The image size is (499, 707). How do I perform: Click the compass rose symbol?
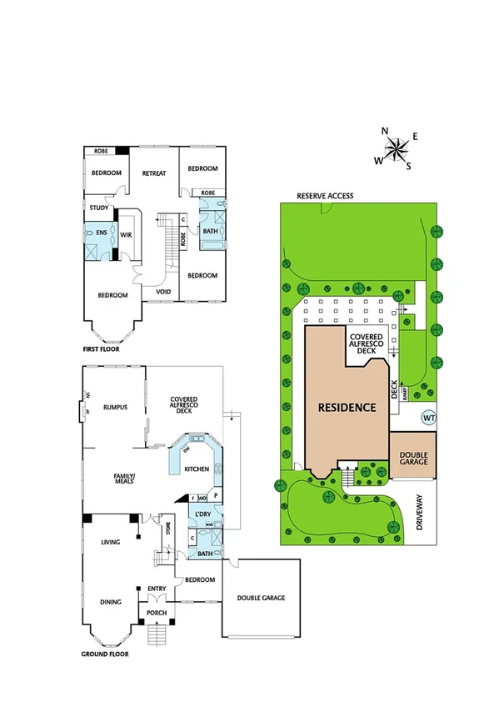[x=396, y=149]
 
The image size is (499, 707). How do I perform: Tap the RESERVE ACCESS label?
[x=325, y=196]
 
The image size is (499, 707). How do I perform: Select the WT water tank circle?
[x=429, y=417]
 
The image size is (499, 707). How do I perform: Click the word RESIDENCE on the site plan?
[x=347, y=409]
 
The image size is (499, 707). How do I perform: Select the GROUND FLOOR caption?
[x=105, y=654]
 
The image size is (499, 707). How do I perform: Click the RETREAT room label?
[x=154, y=173]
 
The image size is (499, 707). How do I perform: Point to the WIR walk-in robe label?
[x=127, y=235]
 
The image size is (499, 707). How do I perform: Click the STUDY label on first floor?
[x=98, y=208]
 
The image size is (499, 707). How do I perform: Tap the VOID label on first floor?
[x=164, y=292]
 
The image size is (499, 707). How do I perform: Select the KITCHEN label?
[x=197, y=469]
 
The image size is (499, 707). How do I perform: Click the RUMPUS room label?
[x=115, y=408]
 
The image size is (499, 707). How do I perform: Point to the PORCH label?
[x=157, y=613]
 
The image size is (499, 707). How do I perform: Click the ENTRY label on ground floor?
[x=157, y=589]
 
